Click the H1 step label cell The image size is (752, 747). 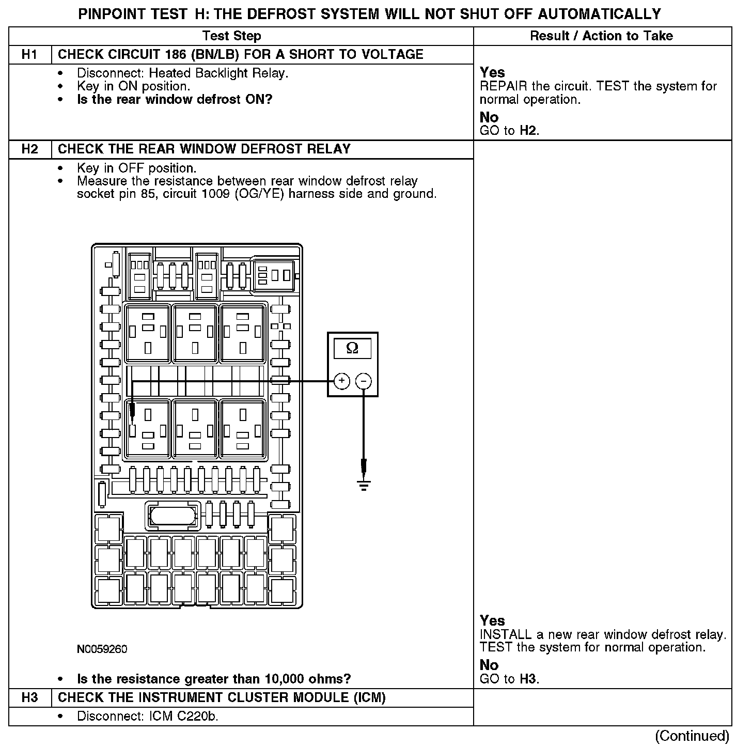[30, 55]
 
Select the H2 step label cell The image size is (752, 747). [30, 149]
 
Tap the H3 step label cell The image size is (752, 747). [30, 698]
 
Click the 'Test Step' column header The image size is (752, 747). [231, 36]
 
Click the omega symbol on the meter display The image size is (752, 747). [352, 348]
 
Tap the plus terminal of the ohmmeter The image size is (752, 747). [342, 381]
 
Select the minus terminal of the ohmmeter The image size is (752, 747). [364, 381]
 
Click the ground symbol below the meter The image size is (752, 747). [364, 484]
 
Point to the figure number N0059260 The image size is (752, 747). [102, 649]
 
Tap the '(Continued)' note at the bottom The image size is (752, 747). [692, 736]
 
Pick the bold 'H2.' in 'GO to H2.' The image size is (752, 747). [529, 131]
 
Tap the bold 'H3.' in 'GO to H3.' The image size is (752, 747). [529, 679]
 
